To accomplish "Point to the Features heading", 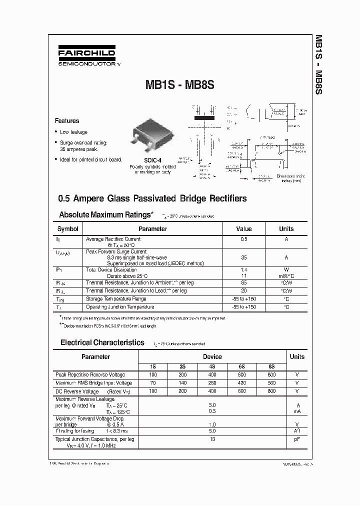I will click(x=67, y=121).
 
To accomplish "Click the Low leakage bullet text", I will click(x=73, y=132).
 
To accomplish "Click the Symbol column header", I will click(x=68, y=229).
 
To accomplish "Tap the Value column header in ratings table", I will click(x=243, y=229).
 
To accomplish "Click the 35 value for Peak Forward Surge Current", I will click(x=243, y=257).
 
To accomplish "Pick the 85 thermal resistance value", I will click(x=243, y=282).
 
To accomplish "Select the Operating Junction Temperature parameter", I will click(x=120, y=307).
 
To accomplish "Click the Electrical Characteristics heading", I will click(x=102, y=343).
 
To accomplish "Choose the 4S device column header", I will click(x=212, y=366).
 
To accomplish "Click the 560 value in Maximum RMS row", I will click(x=271, y=383).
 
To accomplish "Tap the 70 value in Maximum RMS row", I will click(x=153, y=383).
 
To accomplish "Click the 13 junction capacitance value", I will click(x=212, y=439).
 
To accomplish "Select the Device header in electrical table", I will click(x=212, y=357).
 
